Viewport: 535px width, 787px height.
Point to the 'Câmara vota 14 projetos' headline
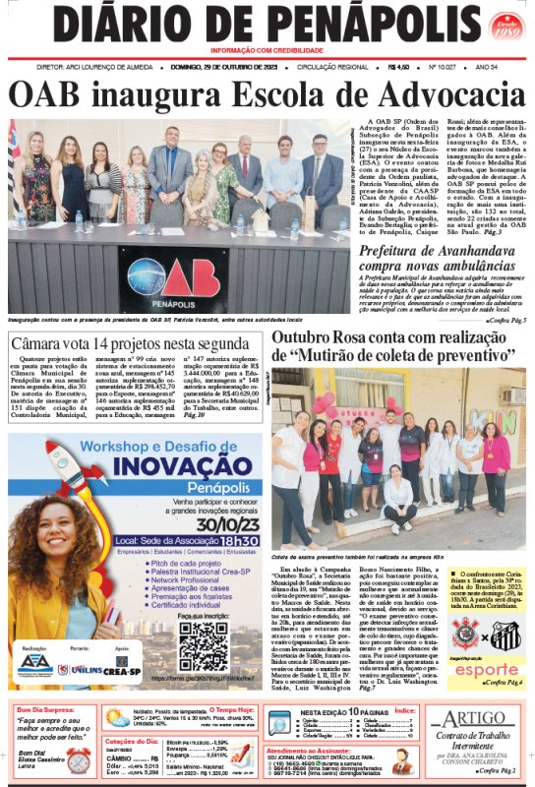[132, 344]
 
